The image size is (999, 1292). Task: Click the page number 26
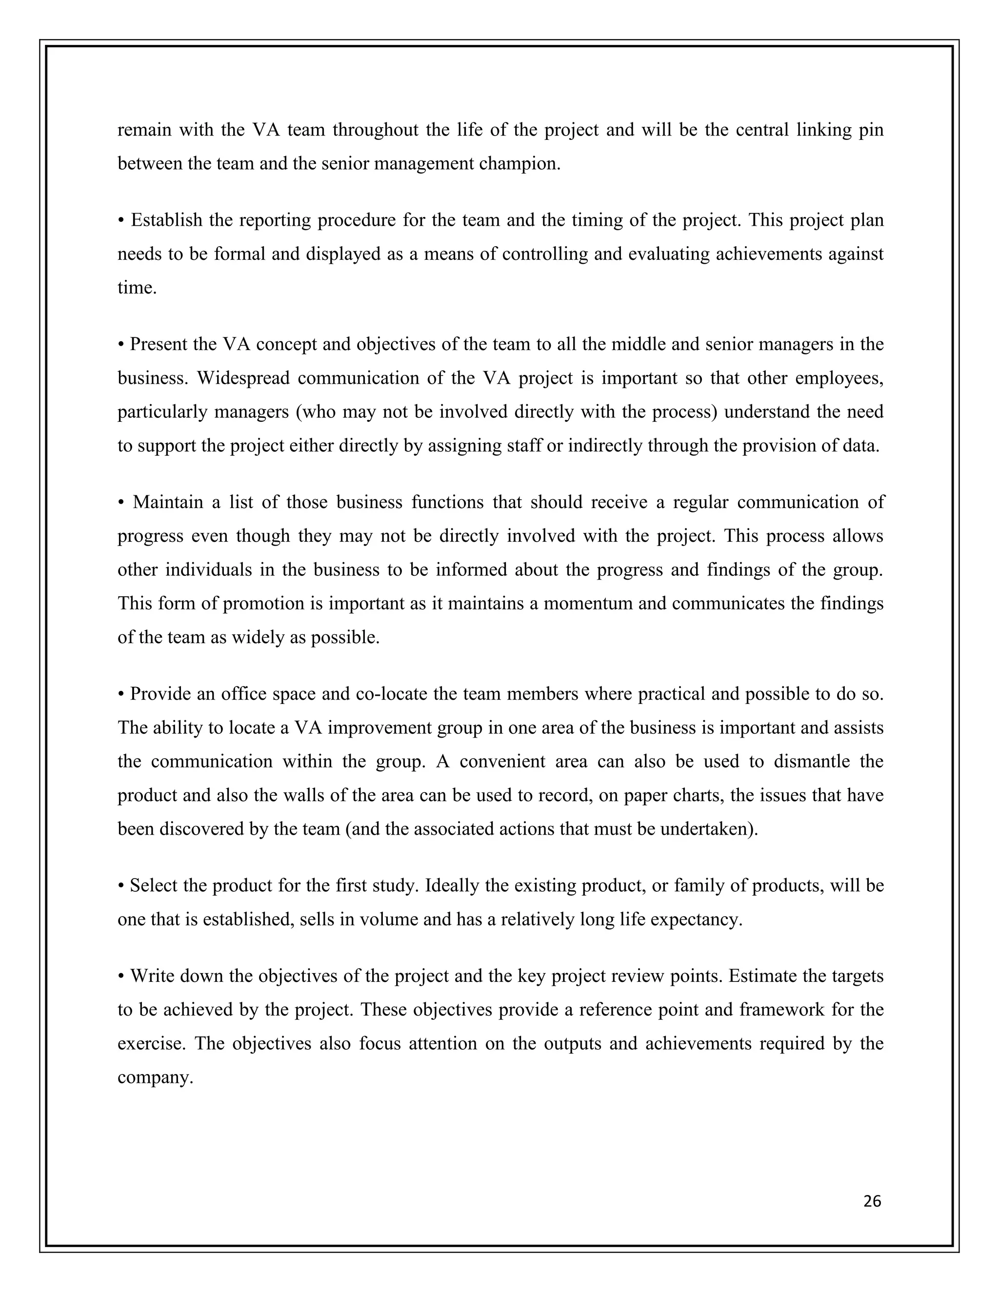point(872,1201)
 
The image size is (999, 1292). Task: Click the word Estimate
point(762,976)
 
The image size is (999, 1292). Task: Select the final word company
point(155,1077)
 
